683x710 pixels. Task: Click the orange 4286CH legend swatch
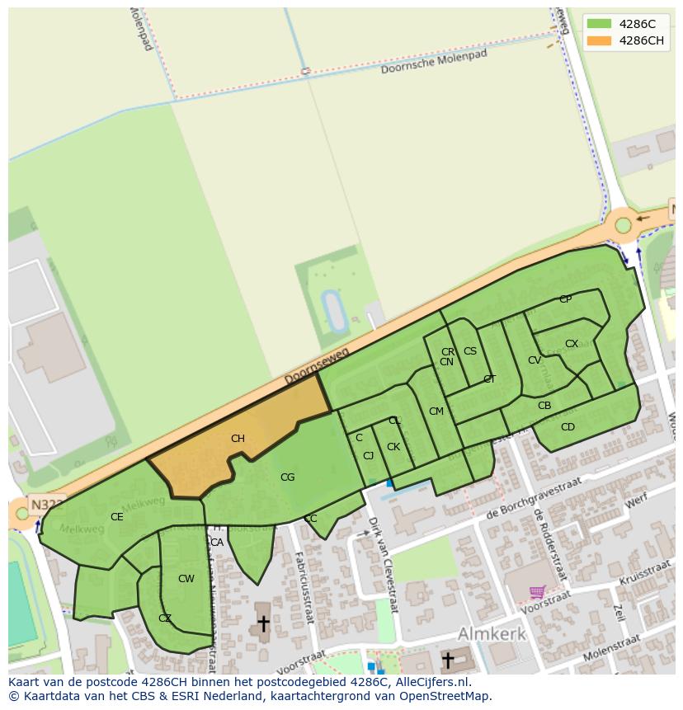point(600,41)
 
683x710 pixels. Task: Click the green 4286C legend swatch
point(600,24)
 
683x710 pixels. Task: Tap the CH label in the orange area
point(238,439)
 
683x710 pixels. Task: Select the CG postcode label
point(287,477)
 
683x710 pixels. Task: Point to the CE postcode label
point(117,517)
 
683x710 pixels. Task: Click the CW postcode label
point(186,579)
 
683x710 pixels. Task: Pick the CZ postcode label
point(165,618)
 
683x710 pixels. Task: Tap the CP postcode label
point(565,299)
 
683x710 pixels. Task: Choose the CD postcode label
point(568,427)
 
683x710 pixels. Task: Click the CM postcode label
point(436,411)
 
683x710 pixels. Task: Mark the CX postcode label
point(571,344)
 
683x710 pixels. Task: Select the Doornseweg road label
point(317,365)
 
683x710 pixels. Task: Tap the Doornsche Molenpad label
point(434,62)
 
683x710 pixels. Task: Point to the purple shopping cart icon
point(537,591)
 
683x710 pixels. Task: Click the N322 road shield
point(46,504)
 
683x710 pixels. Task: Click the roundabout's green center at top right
point(623,225)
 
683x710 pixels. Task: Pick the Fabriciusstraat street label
point(304,585)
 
